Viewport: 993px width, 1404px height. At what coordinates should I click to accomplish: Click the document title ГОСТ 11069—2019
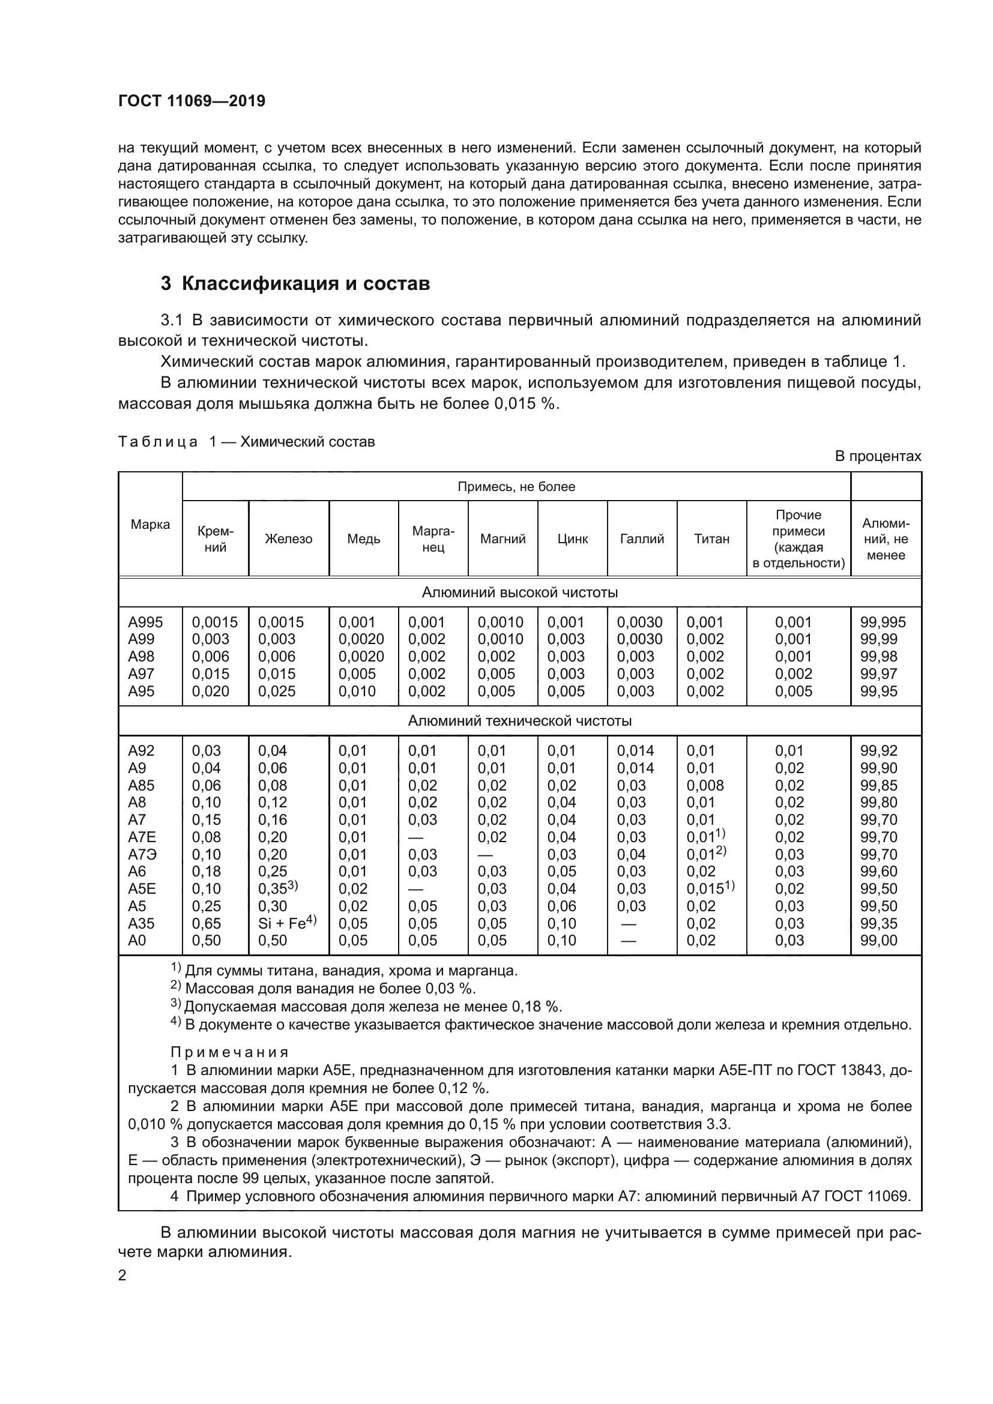pyautogui.click(x=192, y=101)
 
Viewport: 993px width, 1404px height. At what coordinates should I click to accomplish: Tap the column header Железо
pyautogui.click(x=288, y=538)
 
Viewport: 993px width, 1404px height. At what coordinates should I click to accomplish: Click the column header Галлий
pyautogui.click(x=641, y=538)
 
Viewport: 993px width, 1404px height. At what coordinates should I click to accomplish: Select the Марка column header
pyautogui.click(x=150, y=524)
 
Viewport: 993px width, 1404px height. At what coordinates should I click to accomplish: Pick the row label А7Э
pyautogui.click(x=141, y=854)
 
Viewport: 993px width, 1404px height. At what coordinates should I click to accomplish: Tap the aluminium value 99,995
pyautogui.click(x=883, y=622)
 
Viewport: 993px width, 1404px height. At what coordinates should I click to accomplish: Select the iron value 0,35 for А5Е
pyautogui.click(x=273, y=889)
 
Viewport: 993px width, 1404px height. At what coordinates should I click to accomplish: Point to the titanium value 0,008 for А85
pyautogui.click(x=704, y=785)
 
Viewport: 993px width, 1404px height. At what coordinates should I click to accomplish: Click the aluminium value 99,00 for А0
pyautogui.click(x=879, y=941)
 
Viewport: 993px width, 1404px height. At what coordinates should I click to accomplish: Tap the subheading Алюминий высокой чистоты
pyautogui.click(x=519, y=592)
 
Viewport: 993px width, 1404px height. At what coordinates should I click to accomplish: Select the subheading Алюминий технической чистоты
pyautogui.click(x=519, y=720)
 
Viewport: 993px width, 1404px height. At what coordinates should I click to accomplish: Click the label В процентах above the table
pyautogui.click(x=878, y=456)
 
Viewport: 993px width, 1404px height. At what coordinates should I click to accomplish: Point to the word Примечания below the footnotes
pyautogui.click(x=229, y=1052)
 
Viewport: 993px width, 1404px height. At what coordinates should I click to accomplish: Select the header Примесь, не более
pyautogui.click(x=516, y=487)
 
